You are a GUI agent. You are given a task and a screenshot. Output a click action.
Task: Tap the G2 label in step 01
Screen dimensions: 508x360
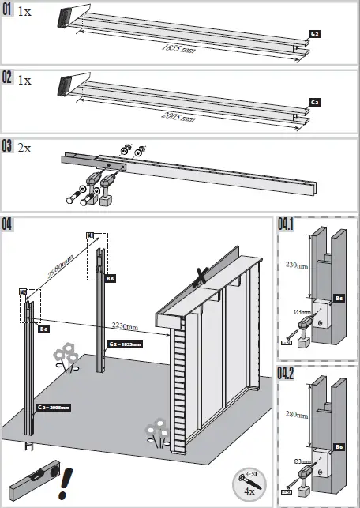(x=313, y=35)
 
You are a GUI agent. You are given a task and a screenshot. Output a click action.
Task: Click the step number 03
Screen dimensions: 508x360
(x=8, y=146)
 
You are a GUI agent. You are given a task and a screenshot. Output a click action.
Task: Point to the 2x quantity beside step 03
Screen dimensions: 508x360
(x=25, y=148)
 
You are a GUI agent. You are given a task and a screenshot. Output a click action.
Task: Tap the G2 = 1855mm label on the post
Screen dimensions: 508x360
(x=125, y=344)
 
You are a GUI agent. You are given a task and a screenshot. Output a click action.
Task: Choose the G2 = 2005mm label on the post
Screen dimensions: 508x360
(x=53, y=408)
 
